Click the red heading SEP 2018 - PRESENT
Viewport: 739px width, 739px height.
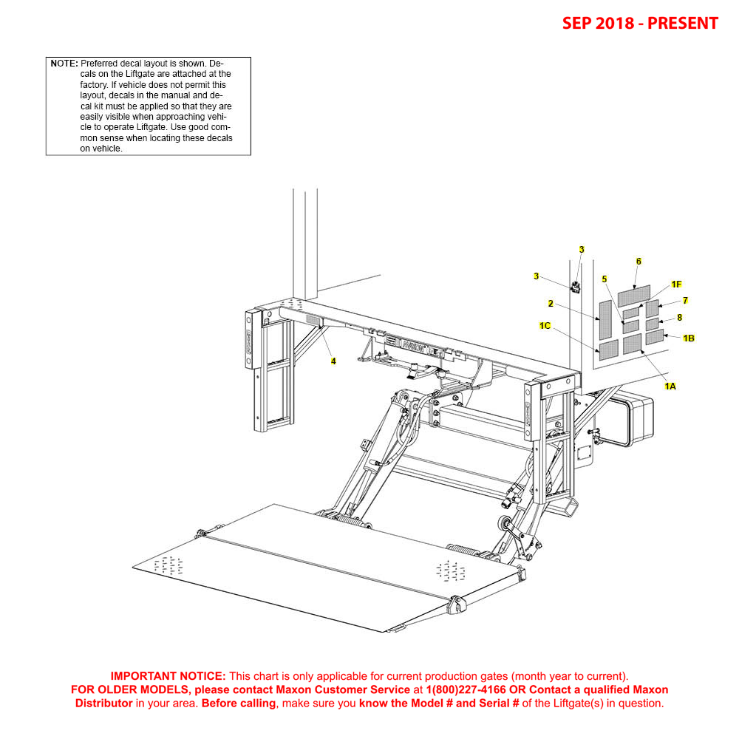click(640, 23)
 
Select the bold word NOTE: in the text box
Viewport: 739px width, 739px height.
click(64, 64)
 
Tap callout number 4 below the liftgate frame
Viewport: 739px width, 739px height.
click(333, 361)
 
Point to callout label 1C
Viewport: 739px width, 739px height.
click(545, 326)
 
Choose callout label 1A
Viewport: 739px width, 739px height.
click(670, 386)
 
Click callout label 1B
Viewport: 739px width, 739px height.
click(688, 338)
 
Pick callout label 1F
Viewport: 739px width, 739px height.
click(676, 285)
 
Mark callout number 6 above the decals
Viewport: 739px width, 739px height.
click(638, 262)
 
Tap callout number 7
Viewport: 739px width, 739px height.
click(685, 301)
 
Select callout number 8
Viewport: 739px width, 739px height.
click(679, 318)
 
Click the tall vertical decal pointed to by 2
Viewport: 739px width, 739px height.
click(605, 319)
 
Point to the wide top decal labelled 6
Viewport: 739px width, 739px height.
click(634, 296)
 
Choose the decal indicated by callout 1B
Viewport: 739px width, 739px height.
click(654, 338)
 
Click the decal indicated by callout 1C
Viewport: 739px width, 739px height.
click(608, 348)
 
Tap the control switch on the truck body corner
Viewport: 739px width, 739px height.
click(576, 286)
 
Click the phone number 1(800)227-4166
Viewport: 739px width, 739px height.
click(466, 689)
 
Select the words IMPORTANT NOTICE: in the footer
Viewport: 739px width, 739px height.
click(168, 676)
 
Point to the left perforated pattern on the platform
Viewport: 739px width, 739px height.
click(168, 565)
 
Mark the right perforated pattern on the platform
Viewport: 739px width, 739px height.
click(450, 571)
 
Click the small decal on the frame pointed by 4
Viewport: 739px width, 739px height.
click(314, 320)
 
